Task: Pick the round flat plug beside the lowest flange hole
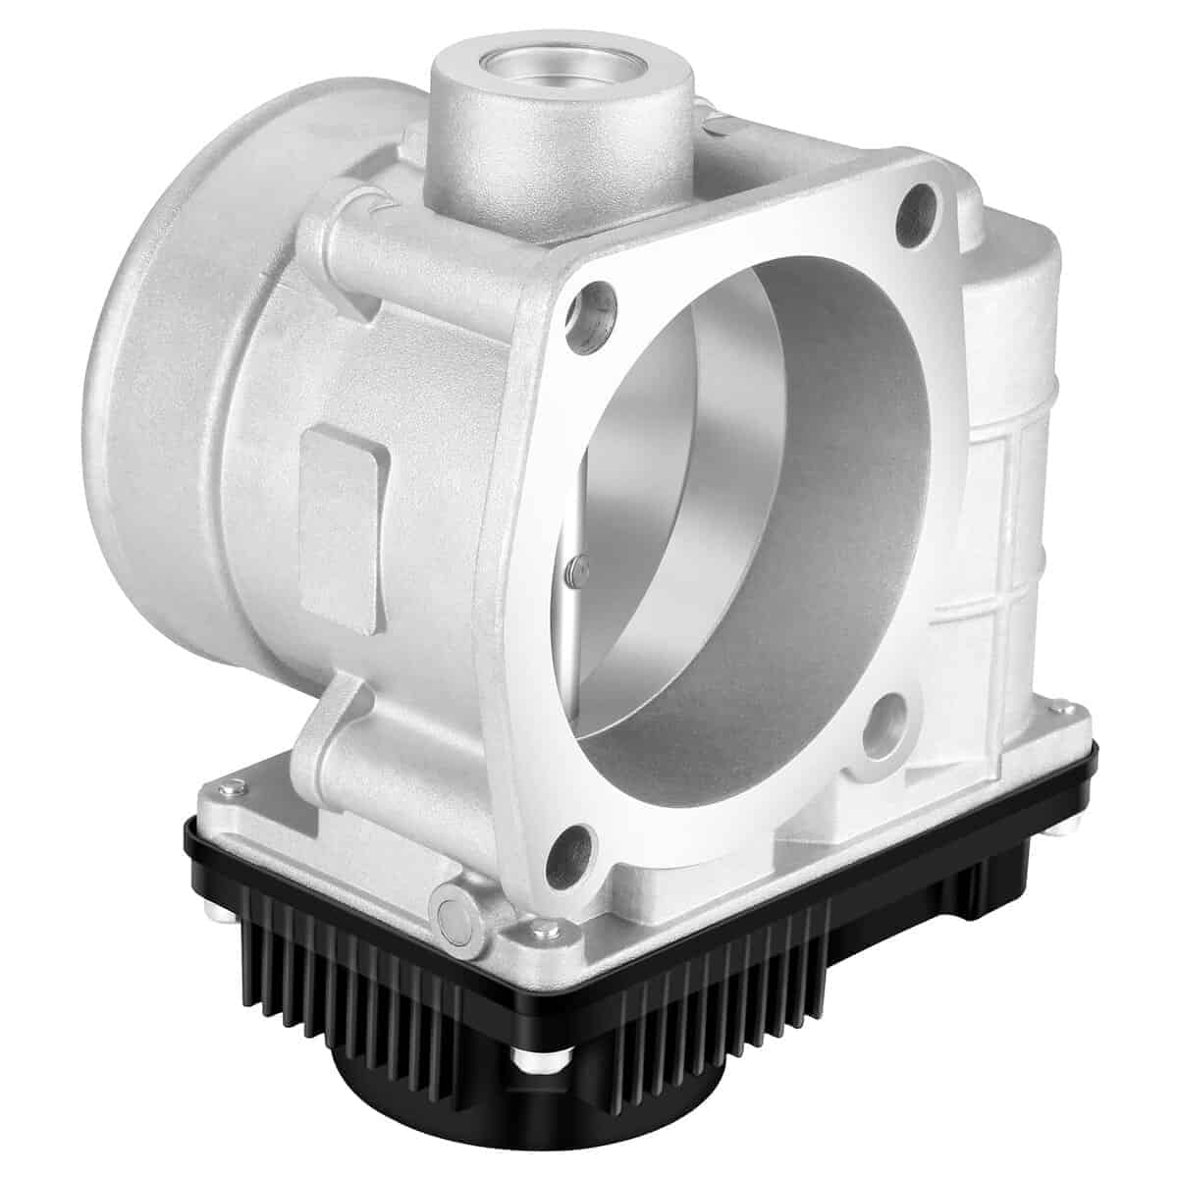(x=454, y=877)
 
